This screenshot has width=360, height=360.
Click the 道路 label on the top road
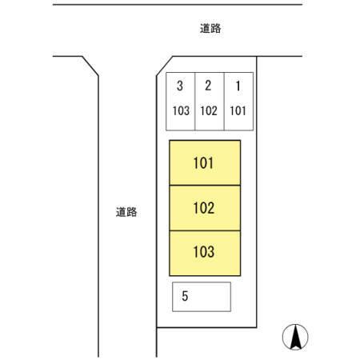[210, 29]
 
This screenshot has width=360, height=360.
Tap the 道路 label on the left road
[126, 212]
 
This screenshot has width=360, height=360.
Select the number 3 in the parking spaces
[180, 86]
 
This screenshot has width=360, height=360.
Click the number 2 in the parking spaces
[208, 86]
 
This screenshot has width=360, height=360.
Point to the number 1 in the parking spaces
[238, 86]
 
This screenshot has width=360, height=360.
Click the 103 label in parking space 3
[181, 111]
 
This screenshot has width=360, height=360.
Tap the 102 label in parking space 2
[209, 111]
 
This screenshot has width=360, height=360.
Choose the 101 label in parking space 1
[238, 111]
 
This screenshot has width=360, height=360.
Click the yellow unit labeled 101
[205, 162]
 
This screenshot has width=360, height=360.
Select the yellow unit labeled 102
[205, 208]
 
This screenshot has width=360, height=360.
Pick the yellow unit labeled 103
[205, 253]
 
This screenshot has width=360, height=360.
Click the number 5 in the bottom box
[185, 296]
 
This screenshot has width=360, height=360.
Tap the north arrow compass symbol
[295, 337]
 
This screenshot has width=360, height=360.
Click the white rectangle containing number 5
[202, 297]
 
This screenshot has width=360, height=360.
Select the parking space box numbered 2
[210, 102]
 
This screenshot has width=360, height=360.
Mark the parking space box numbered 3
[181, 102]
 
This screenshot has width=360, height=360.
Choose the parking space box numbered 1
[238, 102]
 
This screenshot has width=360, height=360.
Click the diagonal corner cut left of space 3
[164, 66]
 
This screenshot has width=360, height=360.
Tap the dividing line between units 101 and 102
[205, 186]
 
